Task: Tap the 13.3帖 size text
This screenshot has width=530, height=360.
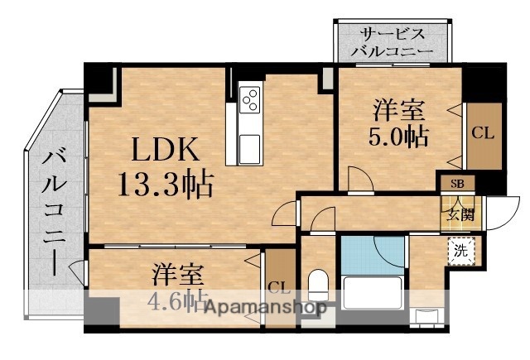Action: [x=166, y=182]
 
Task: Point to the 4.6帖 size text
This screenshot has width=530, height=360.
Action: [x=176, y=299]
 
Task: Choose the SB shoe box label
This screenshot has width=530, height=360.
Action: [x=456, y=185]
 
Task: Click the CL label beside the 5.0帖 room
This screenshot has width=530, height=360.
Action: [x=482, y=132]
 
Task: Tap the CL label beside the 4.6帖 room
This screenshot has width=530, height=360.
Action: [x=277, y=289]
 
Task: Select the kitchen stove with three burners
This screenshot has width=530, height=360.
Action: [x=250, y=102]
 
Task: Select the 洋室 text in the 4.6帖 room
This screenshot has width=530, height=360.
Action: [x=178, y=272]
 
